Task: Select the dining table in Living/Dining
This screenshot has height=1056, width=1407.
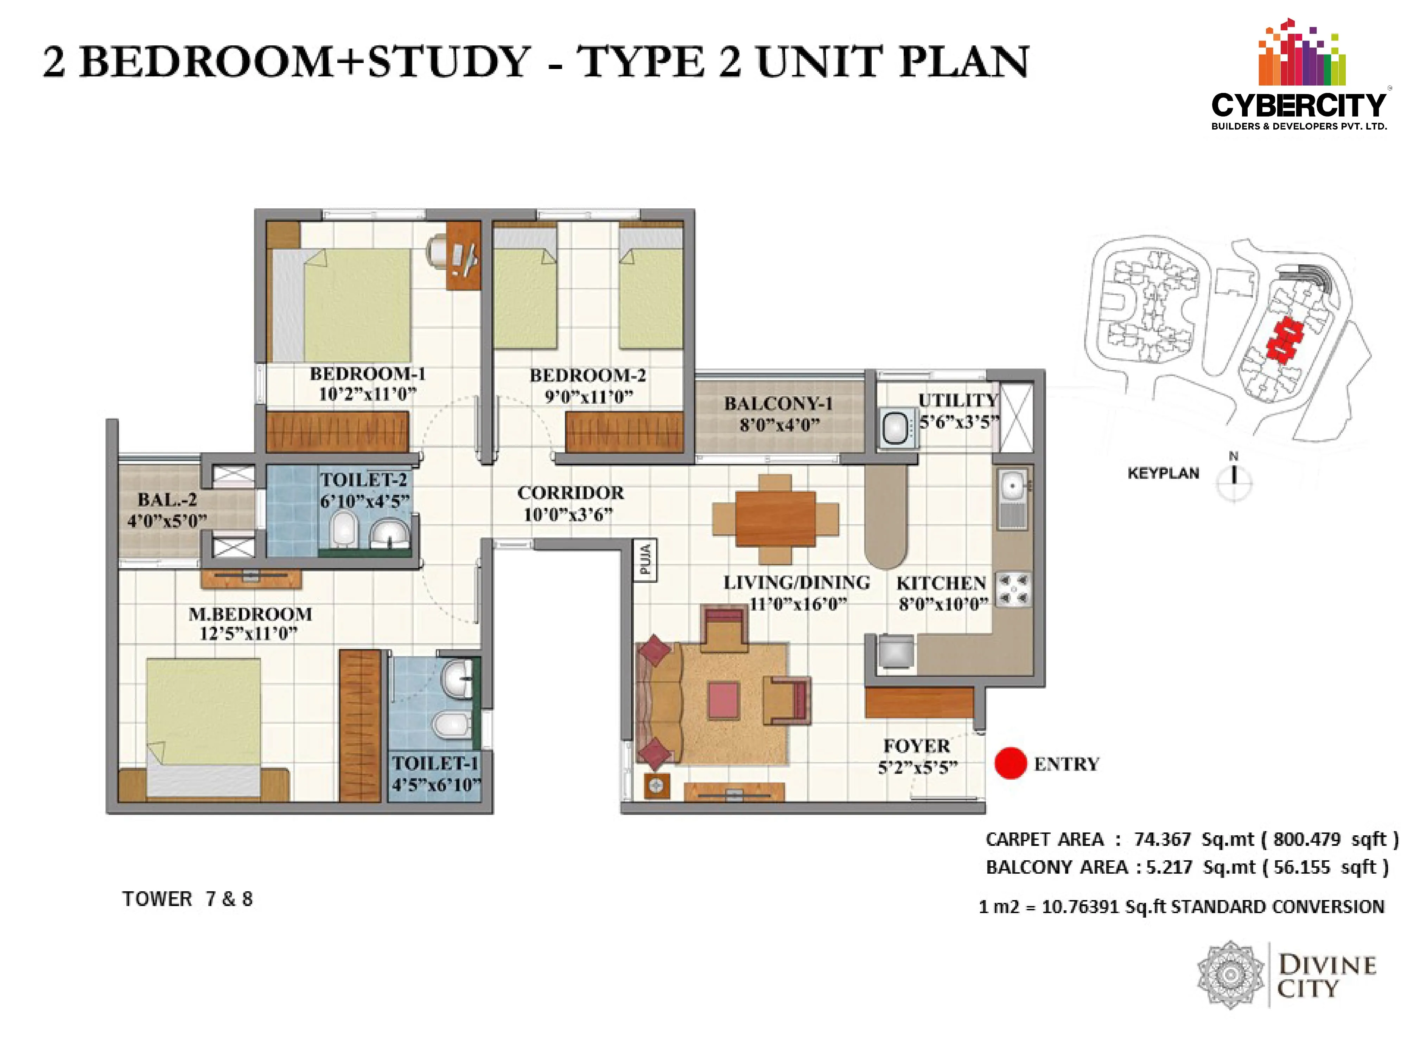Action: (x=775, y=519)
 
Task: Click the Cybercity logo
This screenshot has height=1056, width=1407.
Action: (x=1299, y=75)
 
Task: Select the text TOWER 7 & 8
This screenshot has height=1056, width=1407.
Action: (x=187, y=899)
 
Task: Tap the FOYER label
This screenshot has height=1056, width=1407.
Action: (x=917, y=746)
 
